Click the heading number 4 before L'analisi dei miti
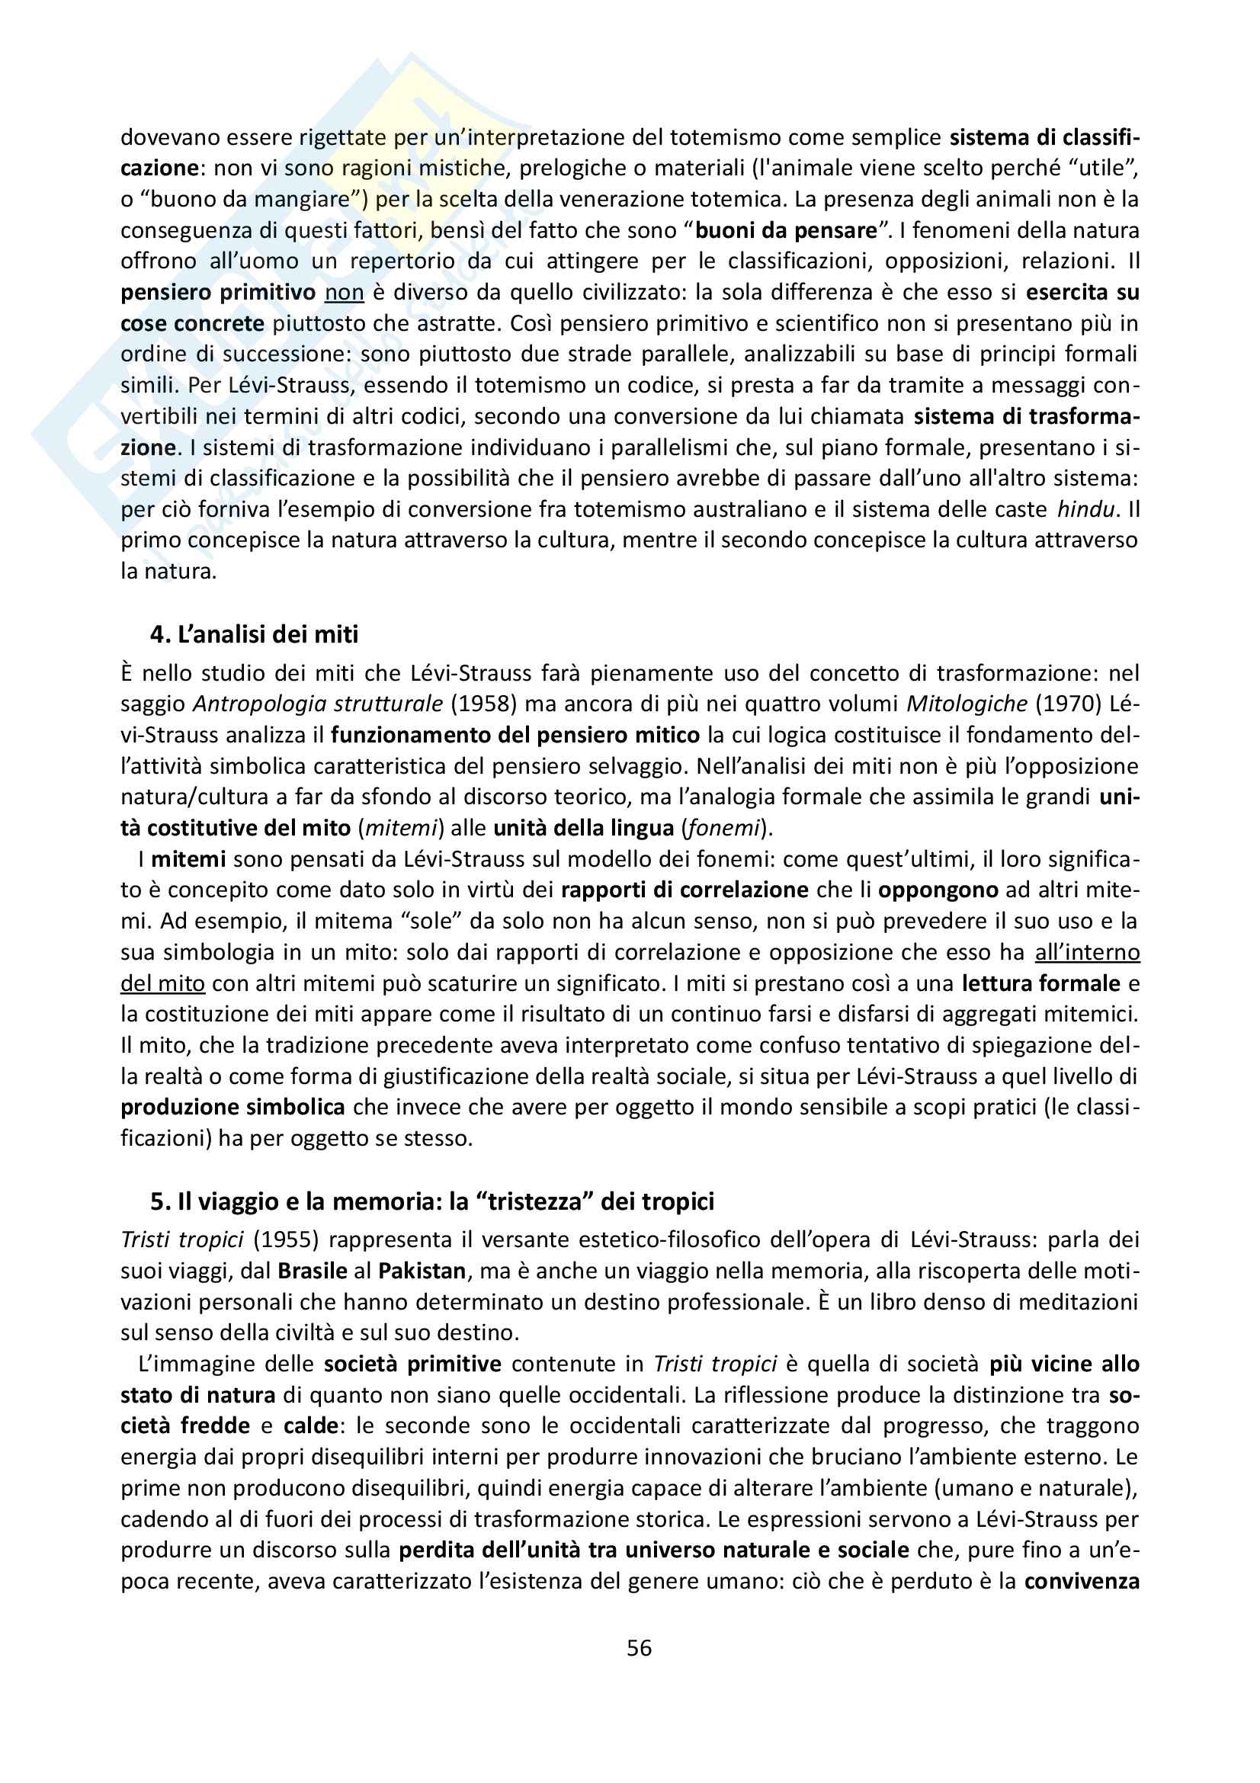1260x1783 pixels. tap(159, 634)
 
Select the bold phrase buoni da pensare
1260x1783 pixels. tap(786, 230)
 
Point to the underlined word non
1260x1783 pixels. tap(344, 292)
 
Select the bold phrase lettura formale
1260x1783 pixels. tap(1041, 983)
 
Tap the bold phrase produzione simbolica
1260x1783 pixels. tap(233, 1108)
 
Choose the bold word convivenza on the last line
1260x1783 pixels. tap(1082, 1581)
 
